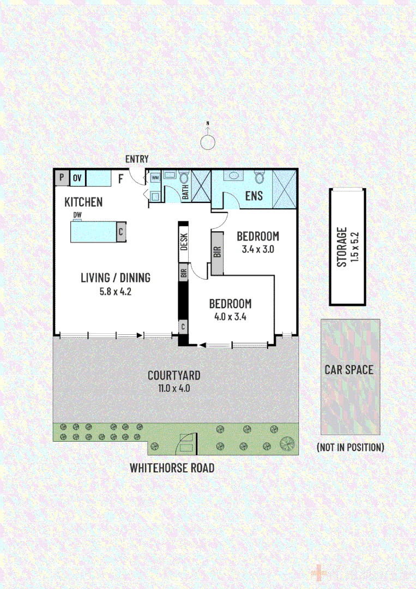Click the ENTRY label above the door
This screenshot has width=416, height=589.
coord(137,159)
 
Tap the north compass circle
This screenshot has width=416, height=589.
coord(208,142)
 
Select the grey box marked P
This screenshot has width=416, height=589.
coord(61,178)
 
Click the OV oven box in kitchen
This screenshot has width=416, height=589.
coord(77,178)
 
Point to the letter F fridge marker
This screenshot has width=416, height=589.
coord(120,178)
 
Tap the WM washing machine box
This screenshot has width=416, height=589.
coord(155,177)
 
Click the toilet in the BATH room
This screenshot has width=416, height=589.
coord(184,178)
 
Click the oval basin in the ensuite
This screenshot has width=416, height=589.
coord(235,176)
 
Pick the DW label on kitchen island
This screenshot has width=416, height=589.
coord(77,215)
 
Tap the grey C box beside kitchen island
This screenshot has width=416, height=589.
coord(120,231)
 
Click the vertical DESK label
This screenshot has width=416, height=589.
coord(184,242)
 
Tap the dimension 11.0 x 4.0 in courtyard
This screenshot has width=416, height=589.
coord(174,389)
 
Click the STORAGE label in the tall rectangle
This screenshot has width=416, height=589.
coord(342,247)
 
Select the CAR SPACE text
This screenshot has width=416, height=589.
coord(349,370)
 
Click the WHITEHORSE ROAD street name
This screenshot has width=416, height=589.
coord(172,468)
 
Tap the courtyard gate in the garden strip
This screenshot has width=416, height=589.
coord(185,442)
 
